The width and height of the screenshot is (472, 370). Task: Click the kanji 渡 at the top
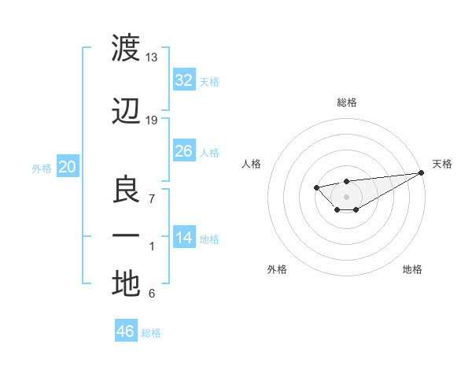[x=126, y=49]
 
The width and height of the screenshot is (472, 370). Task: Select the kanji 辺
[x=126, y=113]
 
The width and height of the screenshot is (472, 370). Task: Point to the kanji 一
[x=126, y=235]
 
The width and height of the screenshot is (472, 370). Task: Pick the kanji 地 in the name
[x=126, y=283]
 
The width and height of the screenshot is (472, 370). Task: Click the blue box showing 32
[x=184, y=80]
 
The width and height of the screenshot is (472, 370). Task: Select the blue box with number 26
[x=184, y=151]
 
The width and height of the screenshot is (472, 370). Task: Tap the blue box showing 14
[x=184, y=238]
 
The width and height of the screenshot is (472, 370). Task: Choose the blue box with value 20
[x=68, y=167]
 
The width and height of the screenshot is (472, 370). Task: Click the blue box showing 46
[x=126, y=331]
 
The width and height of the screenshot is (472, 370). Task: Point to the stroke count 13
[x=152, y=57]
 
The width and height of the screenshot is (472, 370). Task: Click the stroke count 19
[x=152, y=120]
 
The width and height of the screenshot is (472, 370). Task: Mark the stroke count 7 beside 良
[x=152, y=198]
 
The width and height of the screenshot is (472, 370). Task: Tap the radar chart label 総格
[x=346, y=102]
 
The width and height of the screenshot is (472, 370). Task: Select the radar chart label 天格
[x=442, y=164]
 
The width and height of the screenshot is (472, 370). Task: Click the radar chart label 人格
[x=252, y=164]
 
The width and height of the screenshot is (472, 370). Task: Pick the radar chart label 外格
[x=277, y=269]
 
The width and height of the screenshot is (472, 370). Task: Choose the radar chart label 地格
[x=412, y=269]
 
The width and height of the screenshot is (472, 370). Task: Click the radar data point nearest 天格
[x=422, y=172]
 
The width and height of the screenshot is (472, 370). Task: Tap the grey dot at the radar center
[x=346, y=196]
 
